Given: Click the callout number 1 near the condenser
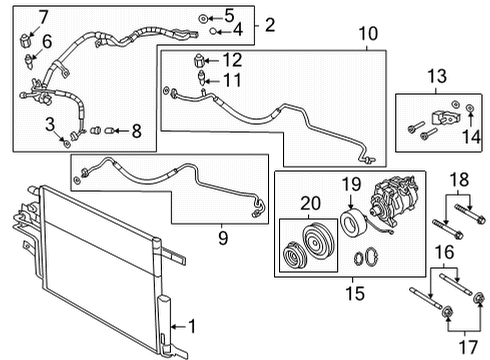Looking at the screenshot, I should pyautogui.click(x=193, y=326).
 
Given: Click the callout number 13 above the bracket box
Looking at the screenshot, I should pyautogui.click(x=438, y=78).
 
